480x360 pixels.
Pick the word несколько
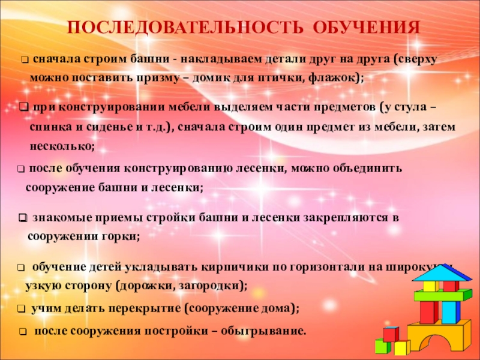coord(61,146)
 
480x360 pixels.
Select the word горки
coord(122,236)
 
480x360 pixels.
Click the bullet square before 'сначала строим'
coord(25,61)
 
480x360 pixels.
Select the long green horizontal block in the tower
coord(439,296)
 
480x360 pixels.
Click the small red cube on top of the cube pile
coord(391,334)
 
